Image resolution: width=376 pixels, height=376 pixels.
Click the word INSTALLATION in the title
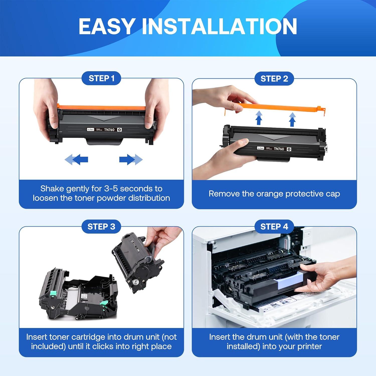(219, 26)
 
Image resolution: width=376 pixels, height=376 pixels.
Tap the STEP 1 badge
(101, 78)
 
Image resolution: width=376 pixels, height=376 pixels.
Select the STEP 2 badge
(274, 79)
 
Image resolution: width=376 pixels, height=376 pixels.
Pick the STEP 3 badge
(101, 227)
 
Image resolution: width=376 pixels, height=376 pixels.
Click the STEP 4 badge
(274, 227)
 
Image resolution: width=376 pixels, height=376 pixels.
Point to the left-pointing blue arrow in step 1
(77, 159)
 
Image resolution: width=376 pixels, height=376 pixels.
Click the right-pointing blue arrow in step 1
(131, 159)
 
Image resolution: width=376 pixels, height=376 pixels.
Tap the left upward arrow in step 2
(259, 118)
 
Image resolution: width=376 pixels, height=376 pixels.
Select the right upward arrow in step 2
(292, 119)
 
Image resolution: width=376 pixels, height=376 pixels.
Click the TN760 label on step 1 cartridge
(109, 130)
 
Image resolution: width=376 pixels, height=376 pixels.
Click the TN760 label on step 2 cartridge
(279, 149)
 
